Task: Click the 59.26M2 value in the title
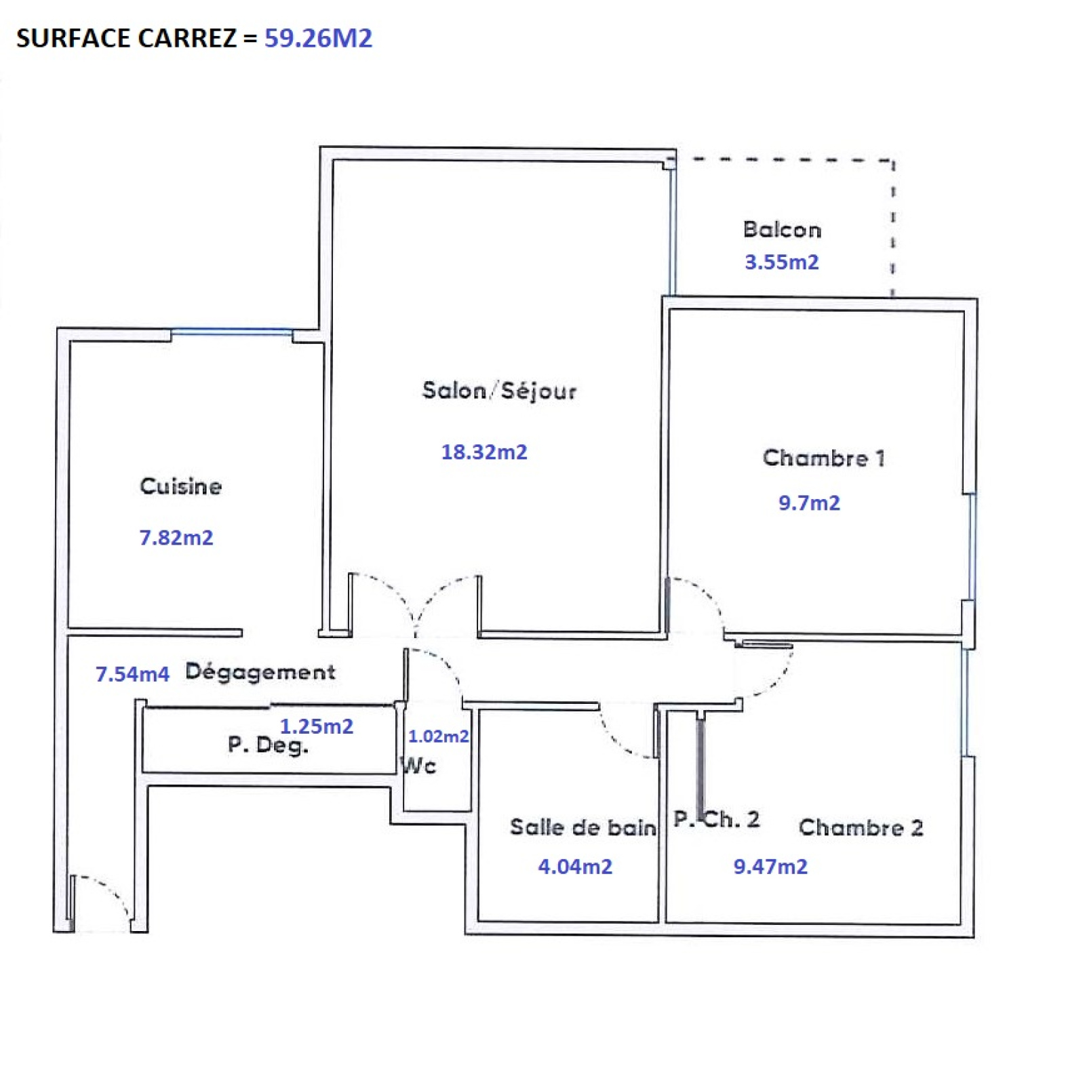[x=318, y=38]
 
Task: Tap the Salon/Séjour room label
[x=499, y=391]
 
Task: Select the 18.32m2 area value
[x=484, y=452]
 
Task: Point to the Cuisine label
[x=181, y=486]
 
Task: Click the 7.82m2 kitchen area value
[x=176, y=538]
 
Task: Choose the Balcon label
[x=782, y=229]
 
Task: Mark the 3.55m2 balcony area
[x=782, y=262]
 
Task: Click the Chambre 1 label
[x=824, y=458]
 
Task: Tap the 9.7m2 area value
[x=809, y=502]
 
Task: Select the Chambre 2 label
[x=861, y=827]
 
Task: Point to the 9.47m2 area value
[x=770, y=867]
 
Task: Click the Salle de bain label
[x=583, y=827]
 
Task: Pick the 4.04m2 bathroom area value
[x=575, y=867]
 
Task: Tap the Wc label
[x=418, y=766]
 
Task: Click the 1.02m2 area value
[x=438, y=736]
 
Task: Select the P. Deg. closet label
[x=268, y=745]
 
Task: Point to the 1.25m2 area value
[x=317, y=726]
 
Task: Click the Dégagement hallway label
[x=260, y=672]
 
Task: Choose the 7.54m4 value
[x=132, y=674]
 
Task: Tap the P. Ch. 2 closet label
[x=716, y=819]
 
